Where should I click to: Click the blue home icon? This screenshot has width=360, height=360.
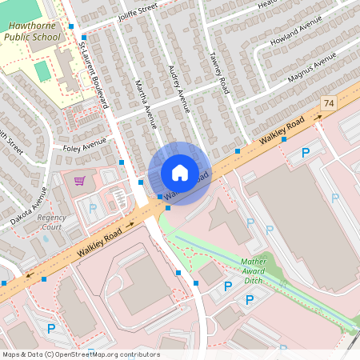(x=180, y=173)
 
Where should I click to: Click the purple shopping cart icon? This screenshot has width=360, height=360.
(x=79, y=181)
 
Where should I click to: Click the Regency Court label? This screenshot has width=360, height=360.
(x=51, y=222)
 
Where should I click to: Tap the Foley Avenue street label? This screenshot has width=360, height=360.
(x=84, y=145)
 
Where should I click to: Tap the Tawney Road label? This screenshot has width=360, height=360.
(x=219, y=73)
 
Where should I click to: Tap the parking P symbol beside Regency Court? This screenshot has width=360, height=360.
(x=92, y=209)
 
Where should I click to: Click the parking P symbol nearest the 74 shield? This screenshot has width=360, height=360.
(x=305, y=152)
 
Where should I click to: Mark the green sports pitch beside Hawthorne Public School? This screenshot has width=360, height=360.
(x=42, y=70)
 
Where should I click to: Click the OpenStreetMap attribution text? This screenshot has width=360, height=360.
(x=81, y=354)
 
